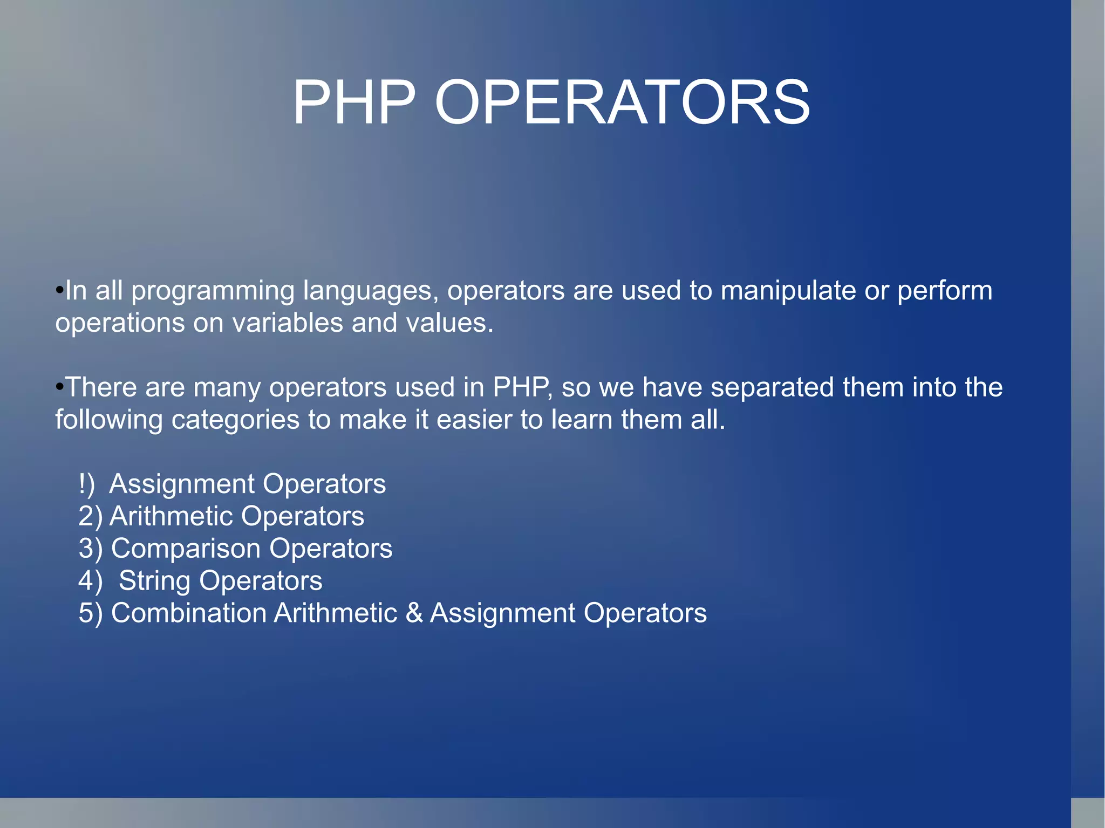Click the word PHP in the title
pyautogui.click(x=354, y=102)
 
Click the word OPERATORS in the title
pyautogui.click(x=622, y=102)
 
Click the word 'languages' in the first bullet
pyautogui.click(x=367, y=291)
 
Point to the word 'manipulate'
pyautogui.click(x=788, y=291)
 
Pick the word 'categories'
pyautogui.click(x=235, y=420)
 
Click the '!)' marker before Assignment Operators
pyautogui.click(x=86, y=484)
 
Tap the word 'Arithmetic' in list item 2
pyautogui.click(x=171, y=516)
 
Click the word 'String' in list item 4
pyautogui.click(x=154, y=581)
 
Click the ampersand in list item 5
pyautogui.click(x=414, y=613)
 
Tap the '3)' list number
pyautogui.click(x=90, y=549)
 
